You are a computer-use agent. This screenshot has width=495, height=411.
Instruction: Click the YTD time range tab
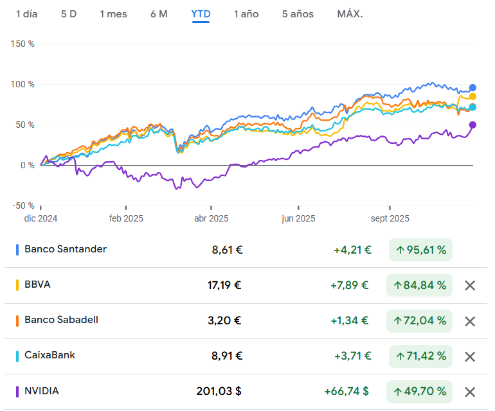pyautogui.click(x=201, y=14)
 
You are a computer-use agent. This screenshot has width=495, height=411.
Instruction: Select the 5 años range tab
pyautogui.click(x=298, y=14)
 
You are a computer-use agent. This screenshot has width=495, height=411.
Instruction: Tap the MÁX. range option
pyautogui.click(x=350, y=14)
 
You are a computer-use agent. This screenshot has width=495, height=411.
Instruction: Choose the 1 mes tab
pyautogui.click(x=113, y=14)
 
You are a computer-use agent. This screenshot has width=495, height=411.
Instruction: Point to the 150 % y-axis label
pyautogui.click(x=22, y=44)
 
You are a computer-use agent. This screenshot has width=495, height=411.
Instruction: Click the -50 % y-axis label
pyautogui.click(x=23, y=205)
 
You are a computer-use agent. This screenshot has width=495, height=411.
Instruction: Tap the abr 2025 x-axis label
pyautogui.click(x=212, y=218)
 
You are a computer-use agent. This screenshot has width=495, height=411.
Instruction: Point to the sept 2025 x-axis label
pyautogui.click(x=390, y=218)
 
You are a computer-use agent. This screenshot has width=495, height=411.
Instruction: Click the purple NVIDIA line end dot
pyautogui.click(x=473, y=125)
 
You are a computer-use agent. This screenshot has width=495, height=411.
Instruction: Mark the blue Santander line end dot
pyautogui.click(x=473, y=88)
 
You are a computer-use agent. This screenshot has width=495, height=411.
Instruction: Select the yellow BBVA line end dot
pyautogui.click(x=473, y=96)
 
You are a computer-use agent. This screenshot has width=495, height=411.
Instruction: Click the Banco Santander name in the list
pyautogui.click(x=66, y=249)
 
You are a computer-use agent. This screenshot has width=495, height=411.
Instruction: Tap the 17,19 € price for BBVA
pyautogui.click(x=224, y=285)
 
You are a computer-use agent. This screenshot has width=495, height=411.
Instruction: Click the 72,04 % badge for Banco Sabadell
pyautogui.click(x=419, y=321)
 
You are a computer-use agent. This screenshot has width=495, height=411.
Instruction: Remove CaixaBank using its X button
pyautogui.click(x=470, y=357)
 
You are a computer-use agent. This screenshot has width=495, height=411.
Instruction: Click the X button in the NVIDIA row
pyautogui.click(x=470, y=392)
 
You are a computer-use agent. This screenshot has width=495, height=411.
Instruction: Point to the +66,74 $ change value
pyautogui.click(x=346, y=391)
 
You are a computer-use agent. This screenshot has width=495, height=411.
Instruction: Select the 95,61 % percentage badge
pyautogui.click(x=420, y=250)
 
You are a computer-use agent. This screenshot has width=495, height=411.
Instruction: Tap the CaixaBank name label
pyautogui.click(x=50, y=355)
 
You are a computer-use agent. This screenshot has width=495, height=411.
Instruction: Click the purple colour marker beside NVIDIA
pyautogui.click(x=17, y=392)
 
